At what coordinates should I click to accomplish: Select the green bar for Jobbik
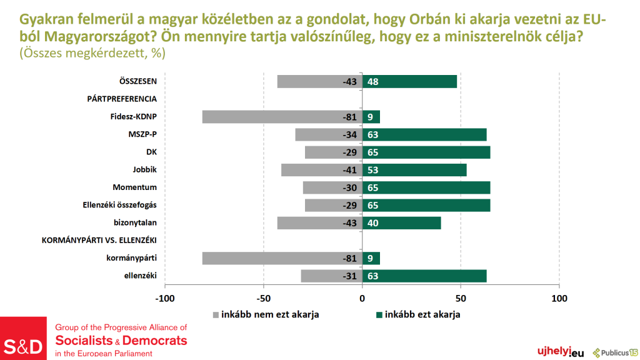(x=414, y=169)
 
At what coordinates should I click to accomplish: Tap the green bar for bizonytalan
(x=402, y=223)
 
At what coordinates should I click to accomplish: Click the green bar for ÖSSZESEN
(x=409, y=81)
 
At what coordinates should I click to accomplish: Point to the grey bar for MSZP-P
(x=329, y=134)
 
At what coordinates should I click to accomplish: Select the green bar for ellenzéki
(x=424, y=276)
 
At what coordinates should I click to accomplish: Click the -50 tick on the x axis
(x=264, y=299)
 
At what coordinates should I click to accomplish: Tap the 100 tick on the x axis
(x=559, y=299)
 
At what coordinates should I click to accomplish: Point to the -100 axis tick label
(x=165, y=299)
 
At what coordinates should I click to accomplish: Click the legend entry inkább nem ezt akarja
(x=266, y=314)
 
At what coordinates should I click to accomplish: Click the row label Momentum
(x=134, y=187)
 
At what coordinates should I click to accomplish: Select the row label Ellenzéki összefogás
(x=119, y=204)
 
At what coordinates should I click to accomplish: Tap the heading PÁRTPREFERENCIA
(x=122, y=99)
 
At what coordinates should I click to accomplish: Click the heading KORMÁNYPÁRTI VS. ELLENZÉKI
(x=99, y=240)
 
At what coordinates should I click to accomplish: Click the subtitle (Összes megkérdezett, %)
(x=92, y=54)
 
